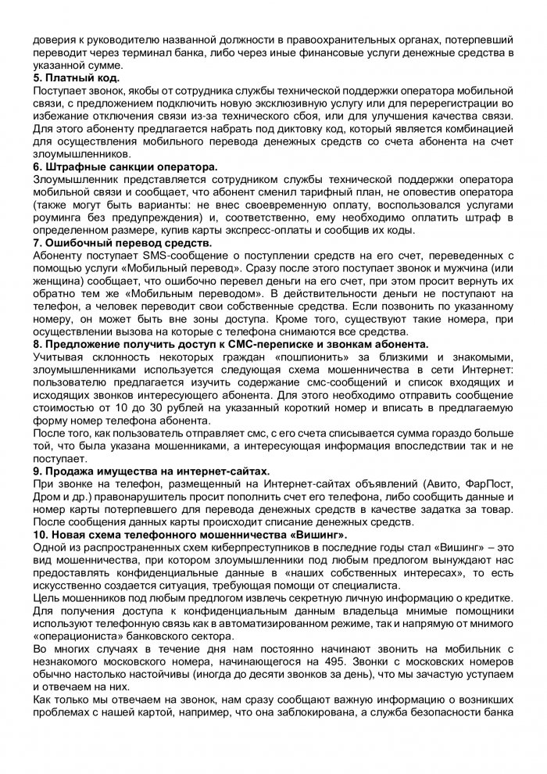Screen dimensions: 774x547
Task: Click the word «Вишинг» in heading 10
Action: click(x=320, y=533)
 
